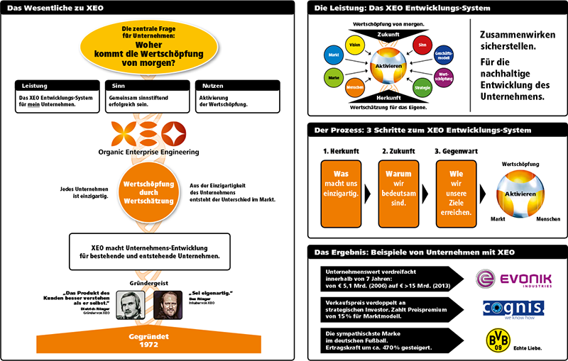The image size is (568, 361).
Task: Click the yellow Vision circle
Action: [356, 46]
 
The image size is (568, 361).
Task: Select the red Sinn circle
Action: [422, 45]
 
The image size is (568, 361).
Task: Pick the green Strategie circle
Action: [422, 88]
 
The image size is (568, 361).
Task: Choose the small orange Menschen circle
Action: [356, 89]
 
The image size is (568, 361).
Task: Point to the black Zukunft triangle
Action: [388, 33]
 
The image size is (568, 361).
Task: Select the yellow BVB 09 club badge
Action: [495, 340]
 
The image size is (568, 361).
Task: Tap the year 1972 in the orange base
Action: [148, 343]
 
